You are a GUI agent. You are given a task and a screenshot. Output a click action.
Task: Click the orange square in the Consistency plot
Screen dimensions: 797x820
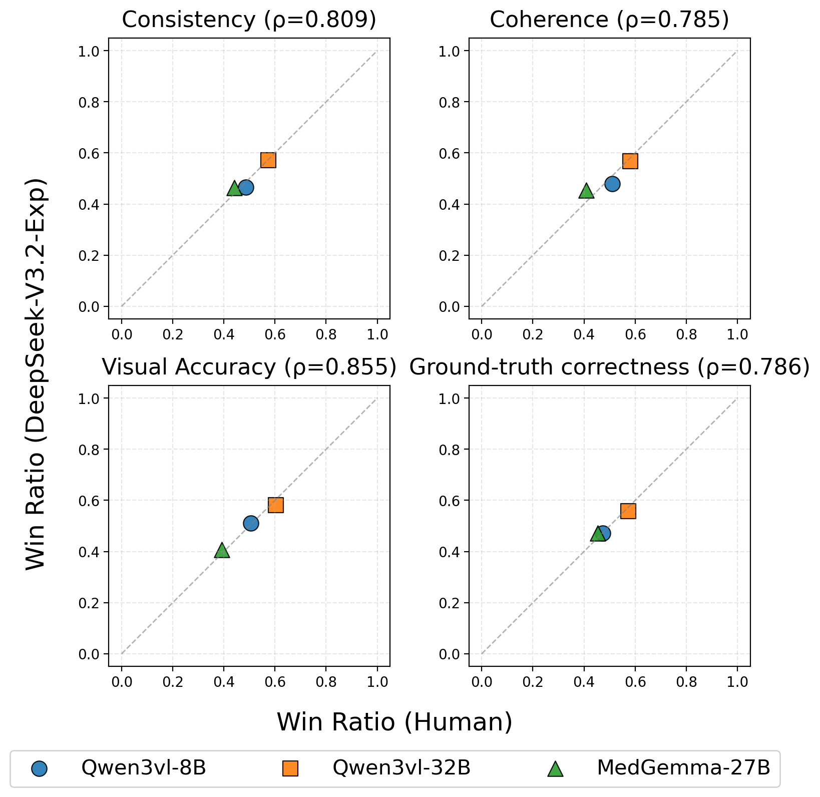pos(268,160)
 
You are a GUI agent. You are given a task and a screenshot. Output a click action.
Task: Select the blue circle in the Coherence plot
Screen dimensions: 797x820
pos(612,184)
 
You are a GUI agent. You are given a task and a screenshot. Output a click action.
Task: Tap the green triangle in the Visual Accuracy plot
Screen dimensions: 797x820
pos(222,551)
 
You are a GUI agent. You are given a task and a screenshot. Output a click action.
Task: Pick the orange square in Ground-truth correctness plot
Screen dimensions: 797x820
pos(628,511)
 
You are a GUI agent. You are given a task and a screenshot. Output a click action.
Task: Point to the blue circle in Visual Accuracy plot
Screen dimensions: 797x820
pos(251,523)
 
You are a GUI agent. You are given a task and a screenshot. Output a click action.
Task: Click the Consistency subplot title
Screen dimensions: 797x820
pos(249,20)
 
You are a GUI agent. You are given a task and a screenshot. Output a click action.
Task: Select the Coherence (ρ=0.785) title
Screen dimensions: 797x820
pos(609,20)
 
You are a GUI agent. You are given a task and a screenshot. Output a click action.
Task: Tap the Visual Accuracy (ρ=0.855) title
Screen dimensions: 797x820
pos(249,367)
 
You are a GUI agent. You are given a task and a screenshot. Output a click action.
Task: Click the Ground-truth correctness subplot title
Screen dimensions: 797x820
pos(609,367)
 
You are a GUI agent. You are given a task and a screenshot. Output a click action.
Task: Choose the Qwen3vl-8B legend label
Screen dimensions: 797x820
pos(144,767)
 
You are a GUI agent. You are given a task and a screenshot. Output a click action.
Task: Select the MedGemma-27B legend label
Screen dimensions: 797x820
pos(683,767)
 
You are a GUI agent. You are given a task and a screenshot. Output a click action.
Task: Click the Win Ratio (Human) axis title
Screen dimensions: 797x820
pos(394,722)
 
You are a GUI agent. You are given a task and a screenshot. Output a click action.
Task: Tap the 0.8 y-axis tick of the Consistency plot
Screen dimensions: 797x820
pos(88,102)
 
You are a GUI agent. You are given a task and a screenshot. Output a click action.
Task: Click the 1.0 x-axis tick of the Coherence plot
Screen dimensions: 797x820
pos(737,334)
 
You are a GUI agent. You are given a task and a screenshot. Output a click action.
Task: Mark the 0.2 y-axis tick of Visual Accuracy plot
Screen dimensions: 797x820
pos(88,603)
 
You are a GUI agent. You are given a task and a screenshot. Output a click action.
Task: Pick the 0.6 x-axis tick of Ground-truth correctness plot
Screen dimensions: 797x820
pos(635,681)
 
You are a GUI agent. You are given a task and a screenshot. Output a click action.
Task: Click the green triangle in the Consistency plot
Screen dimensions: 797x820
pos(234,189)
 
